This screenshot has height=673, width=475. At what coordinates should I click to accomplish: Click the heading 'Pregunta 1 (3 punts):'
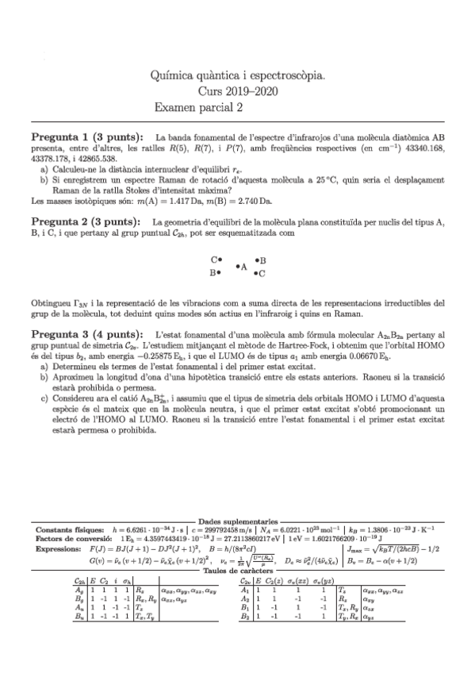point(87,136)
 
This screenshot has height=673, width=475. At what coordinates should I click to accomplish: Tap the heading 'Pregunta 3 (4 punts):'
point(87,335)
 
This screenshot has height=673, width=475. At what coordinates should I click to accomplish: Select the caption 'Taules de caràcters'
point(238,570)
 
